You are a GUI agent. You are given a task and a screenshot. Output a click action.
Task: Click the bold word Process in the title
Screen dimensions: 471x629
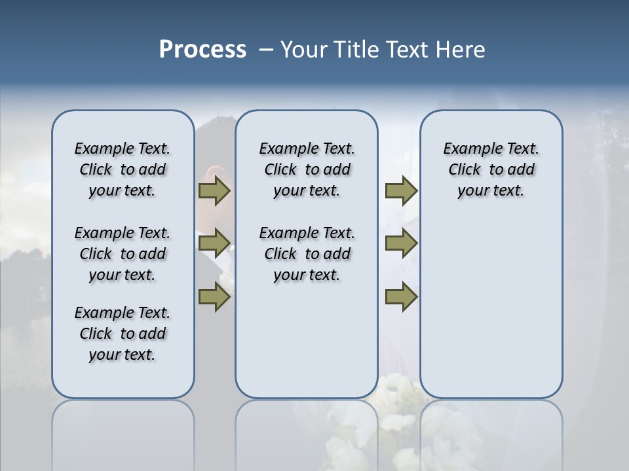click(x=202, y=49)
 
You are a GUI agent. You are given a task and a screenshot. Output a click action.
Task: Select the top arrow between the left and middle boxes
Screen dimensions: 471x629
click(x=214, y=191)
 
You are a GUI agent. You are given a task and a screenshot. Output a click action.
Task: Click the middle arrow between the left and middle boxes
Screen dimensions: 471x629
click(x=214, y=244)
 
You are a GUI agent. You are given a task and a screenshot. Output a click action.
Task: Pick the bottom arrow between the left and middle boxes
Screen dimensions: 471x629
click(x=214, y=297)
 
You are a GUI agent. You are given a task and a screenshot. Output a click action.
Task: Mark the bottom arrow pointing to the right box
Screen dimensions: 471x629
click(x=401, y=297)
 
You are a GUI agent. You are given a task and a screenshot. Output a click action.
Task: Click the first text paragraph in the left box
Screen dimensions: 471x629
click(x=123, y=169)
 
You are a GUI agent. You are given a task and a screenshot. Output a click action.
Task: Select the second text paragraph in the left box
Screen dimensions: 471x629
click(x=123, y=254)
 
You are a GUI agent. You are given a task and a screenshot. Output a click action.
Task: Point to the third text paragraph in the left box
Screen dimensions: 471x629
click(x=123, y=334)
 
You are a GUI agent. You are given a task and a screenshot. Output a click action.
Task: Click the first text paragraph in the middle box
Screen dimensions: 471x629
click(x=307, y=169)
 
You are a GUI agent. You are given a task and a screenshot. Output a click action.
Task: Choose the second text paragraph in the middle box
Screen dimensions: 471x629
click(x=307, y=254)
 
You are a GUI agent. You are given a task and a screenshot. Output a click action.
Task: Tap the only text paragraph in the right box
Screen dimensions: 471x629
click(x=491, y=169)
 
